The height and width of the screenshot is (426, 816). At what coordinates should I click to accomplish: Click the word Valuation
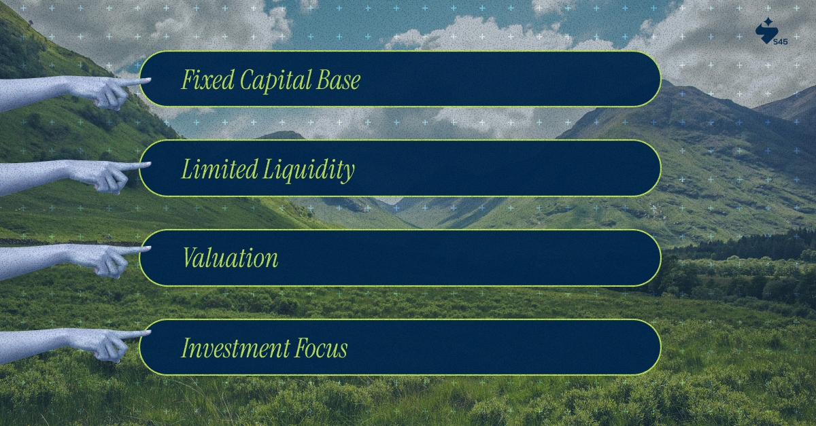click(230, 258)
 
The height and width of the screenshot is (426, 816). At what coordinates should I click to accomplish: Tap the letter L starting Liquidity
click(269, 169)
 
